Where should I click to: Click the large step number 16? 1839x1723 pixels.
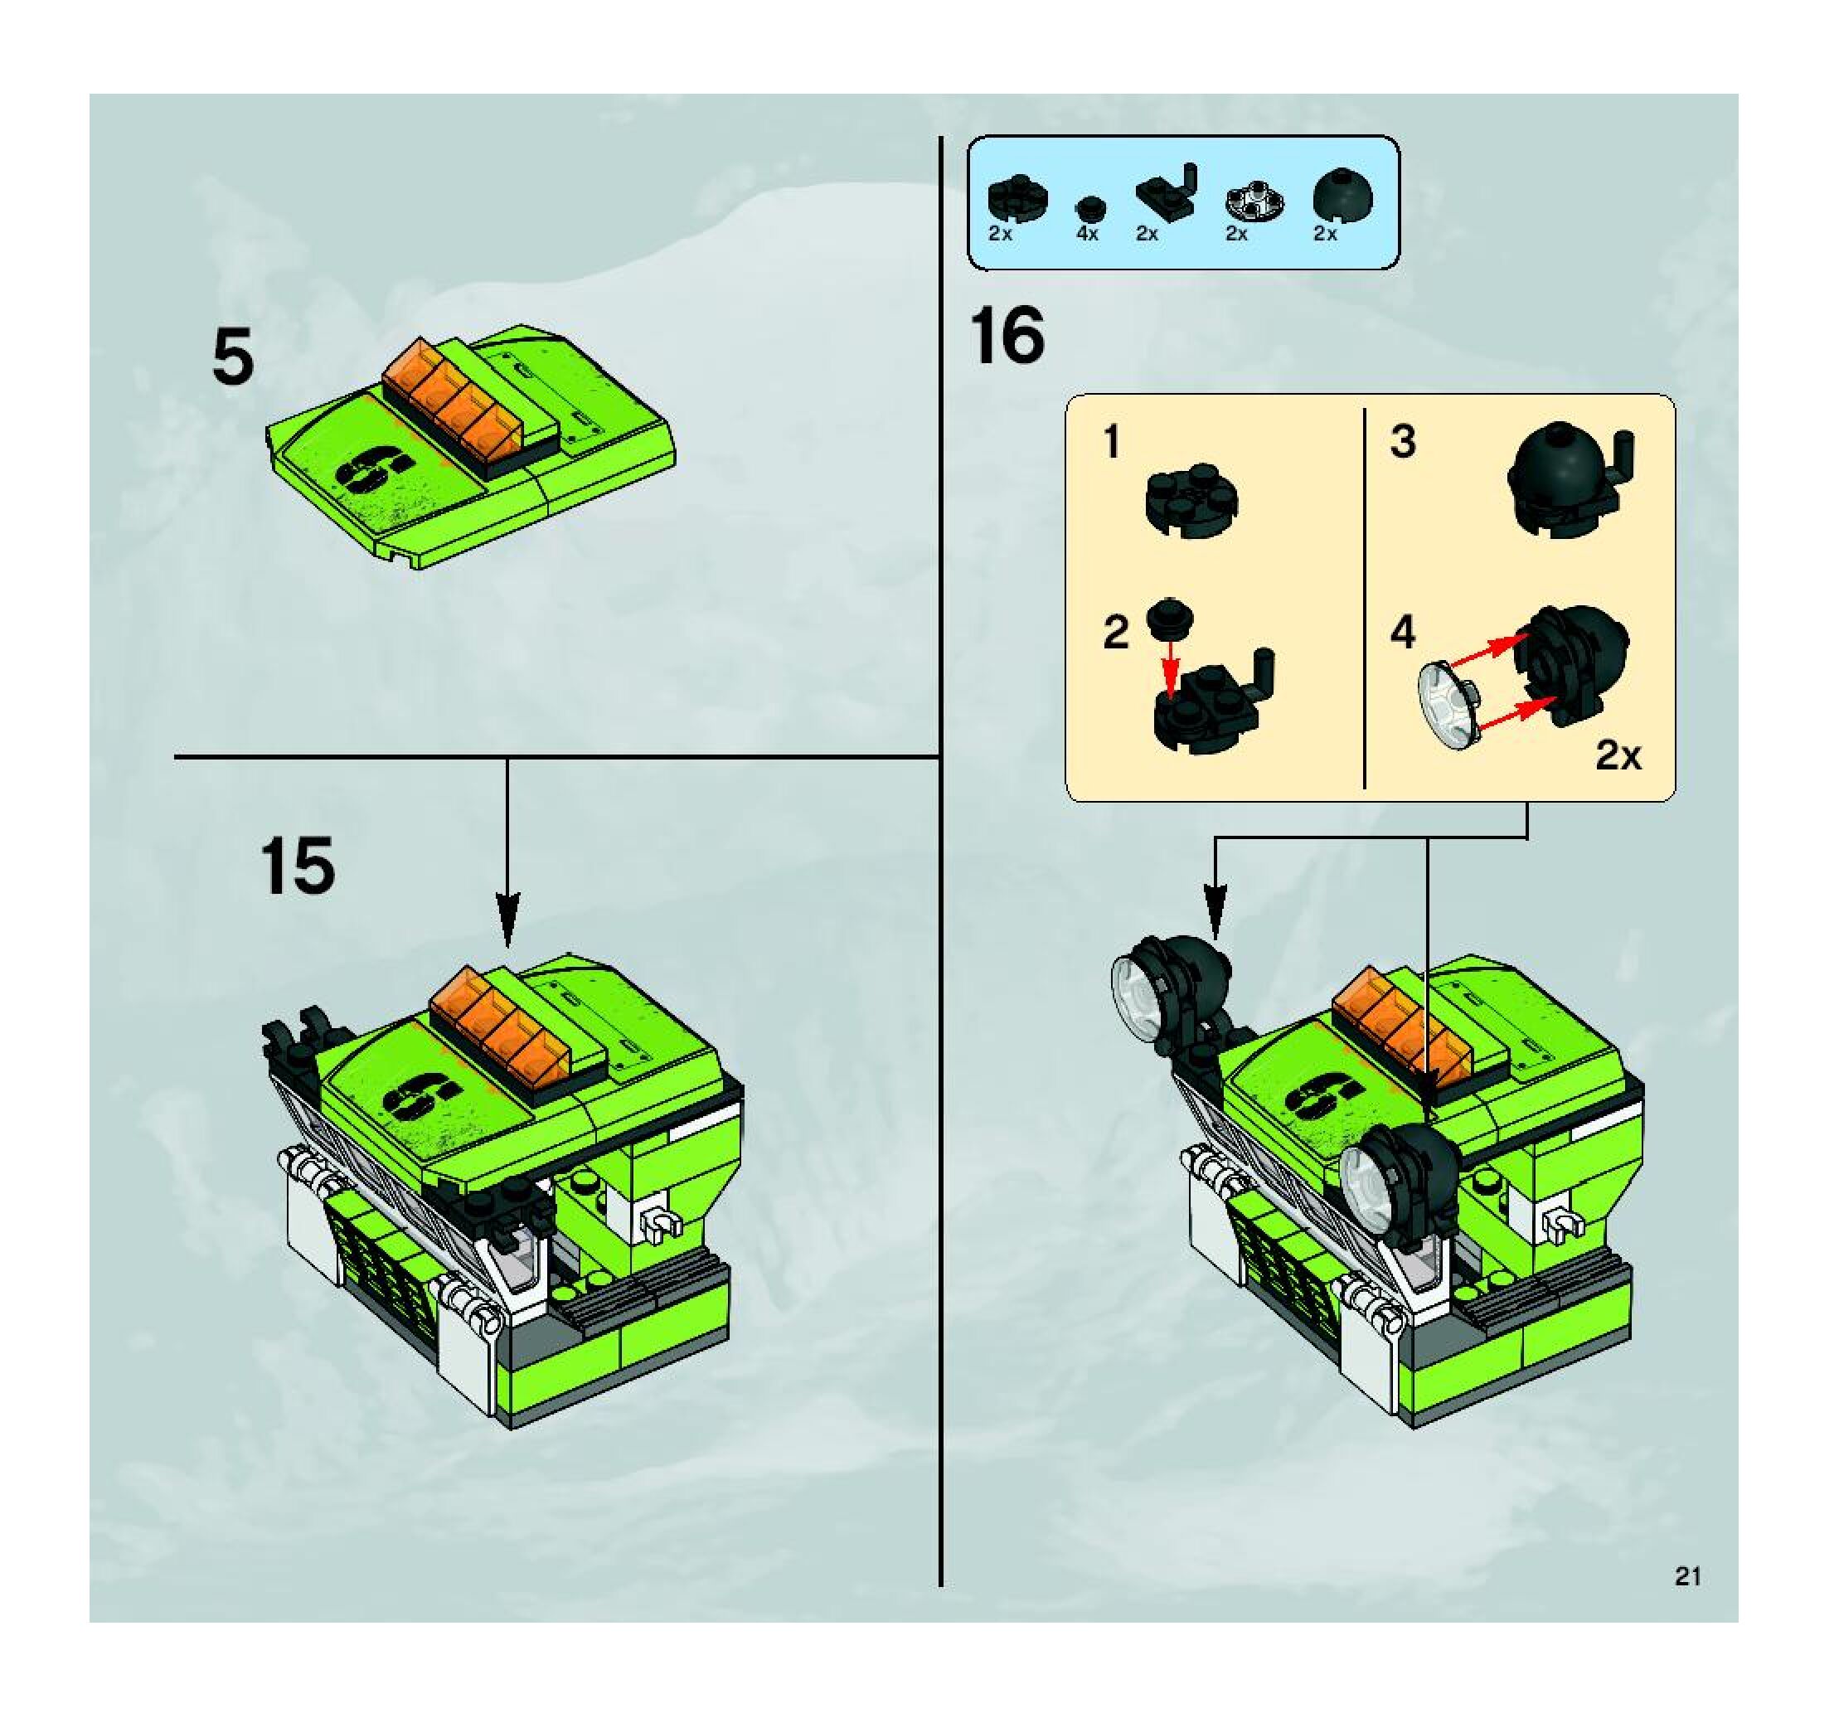coord(1007,337)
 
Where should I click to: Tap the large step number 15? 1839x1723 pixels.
coord(297,866)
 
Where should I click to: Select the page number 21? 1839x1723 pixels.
coord(1687,1577)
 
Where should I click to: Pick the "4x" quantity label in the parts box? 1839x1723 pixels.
coord(1087,234)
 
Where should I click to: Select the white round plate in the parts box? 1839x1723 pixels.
coord(1254,201)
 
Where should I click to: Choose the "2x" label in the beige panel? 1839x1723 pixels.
coord(1618,756)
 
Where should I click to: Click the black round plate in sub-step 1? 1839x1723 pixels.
coord(1191,499)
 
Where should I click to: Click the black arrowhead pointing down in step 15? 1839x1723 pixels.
coord(507,920)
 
